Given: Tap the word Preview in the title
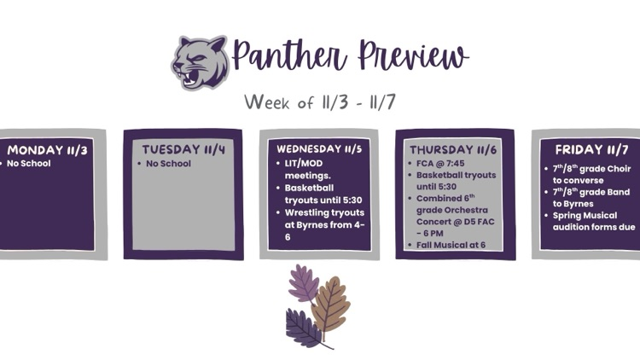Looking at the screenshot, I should (413, 56).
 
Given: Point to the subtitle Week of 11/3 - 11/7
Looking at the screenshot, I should (319, 102).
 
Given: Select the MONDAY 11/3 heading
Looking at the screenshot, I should (47, 150).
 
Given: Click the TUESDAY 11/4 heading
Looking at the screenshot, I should (183, 150).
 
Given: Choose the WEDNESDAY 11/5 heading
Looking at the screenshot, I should (318, 148).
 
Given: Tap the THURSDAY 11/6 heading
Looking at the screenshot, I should (454, 148).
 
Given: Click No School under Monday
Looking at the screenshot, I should (29, 163).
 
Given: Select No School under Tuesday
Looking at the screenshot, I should (168, 163).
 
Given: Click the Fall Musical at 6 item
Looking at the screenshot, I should (451, 245).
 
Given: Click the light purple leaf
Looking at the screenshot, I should (303, 282).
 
